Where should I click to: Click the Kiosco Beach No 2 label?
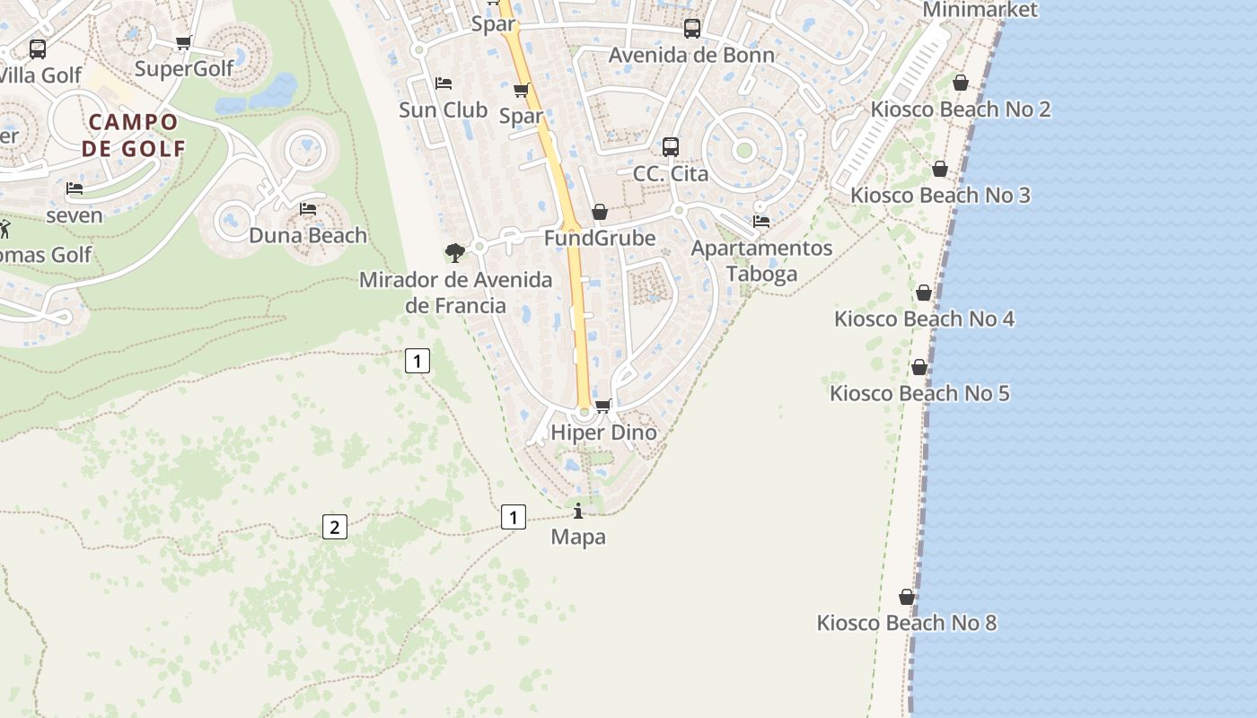click(x=960, y=109)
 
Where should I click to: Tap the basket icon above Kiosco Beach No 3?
click(x=940, y=169)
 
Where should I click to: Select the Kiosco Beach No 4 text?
click(x=924, y=319)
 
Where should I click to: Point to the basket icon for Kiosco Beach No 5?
click(x=919, y=367)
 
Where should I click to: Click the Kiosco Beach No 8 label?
click(x=906, y=623)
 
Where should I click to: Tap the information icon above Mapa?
click(x=578, y=512)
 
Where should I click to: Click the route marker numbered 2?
click(x=334, y=527)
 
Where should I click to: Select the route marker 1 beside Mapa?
click(x=513, y=517)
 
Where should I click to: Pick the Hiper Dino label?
click(x=603, y=433)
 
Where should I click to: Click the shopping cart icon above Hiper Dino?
click(x=603, y=406)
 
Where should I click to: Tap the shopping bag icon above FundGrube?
click(x=600, y=212)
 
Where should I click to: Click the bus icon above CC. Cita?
click(x=671, y=147)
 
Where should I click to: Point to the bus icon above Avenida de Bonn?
click(x=692, y=29)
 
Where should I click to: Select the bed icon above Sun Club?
click(x=444, y=83)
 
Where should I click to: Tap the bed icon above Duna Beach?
click(x=308, y=209)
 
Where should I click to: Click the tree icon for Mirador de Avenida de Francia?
click(x=455, y=253)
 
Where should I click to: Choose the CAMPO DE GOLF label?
click(x=133, y=135)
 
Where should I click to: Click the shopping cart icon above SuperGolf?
click(x=184, y=42)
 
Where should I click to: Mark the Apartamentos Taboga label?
click(x=761, y=260)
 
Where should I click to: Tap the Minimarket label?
click(x=980, y=10)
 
